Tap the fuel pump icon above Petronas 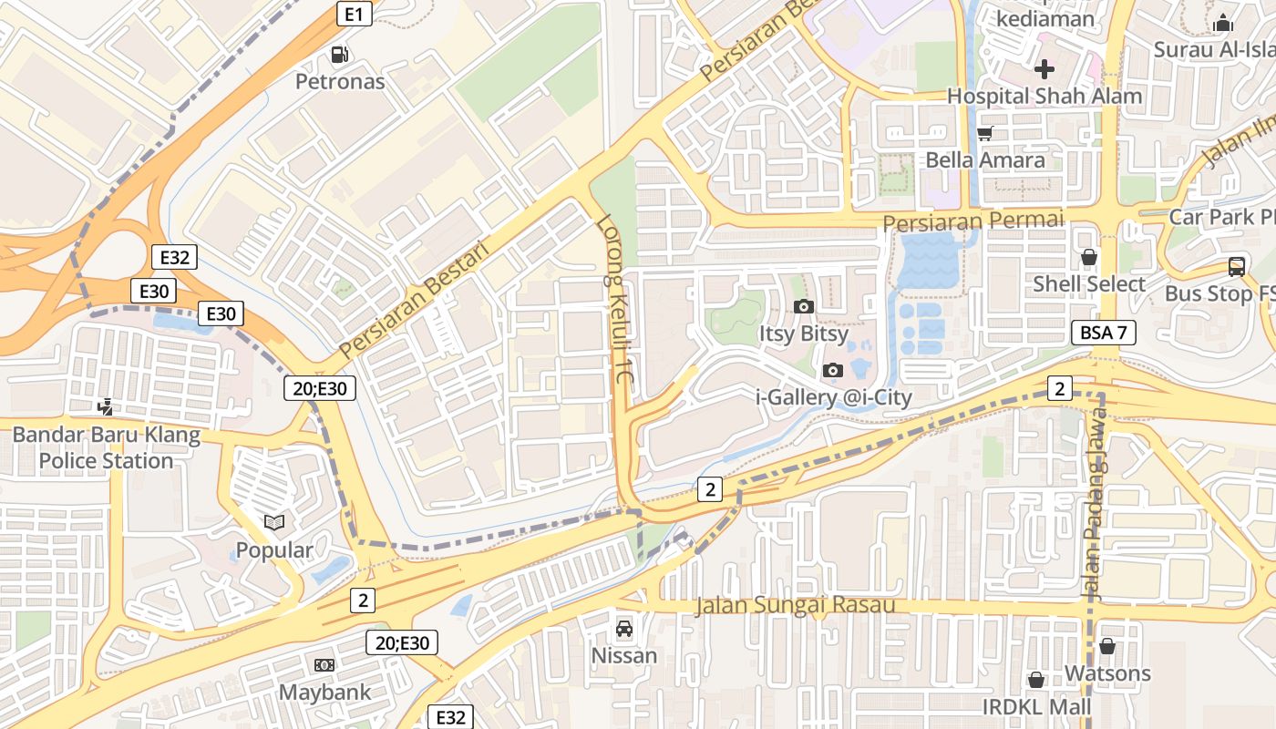coord(340,55)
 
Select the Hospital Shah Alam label coord(1044,96)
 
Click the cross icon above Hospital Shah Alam coord(1044,68)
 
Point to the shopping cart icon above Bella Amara coord(984,134)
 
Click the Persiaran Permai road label coord(972,221)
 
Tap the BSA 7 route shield coord(1103,333)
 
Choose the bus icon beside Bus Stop coord(1237,267)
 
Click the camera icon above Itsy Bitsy coord(803,306)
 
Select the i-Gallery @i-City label coord(834,397)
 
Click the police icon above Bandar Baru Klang coord(106,407)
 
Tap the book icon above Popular coord(274,523)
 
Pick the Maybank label coord(324,692)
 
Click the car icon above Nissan coord(624,628)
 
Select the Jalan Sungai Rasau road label coord(795,605)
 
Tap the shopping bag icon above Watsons coord(1107,646)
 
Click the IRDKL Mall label coord(1036,707)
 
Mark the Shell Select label coord(1089,284)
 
